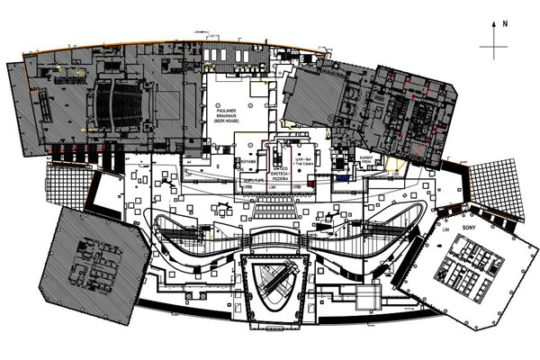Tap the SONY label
point(466,229)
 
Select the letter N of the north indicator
point(507,23)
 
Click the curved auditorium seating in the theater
point(115,107)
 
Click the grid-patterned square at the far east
point(497,188)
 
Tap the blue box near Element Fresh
point(343,179)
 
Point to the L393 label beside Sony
point(445,230)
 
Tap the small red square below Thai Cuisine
point(310,184)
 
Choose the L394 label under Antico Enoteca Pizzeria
point(273,187)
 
